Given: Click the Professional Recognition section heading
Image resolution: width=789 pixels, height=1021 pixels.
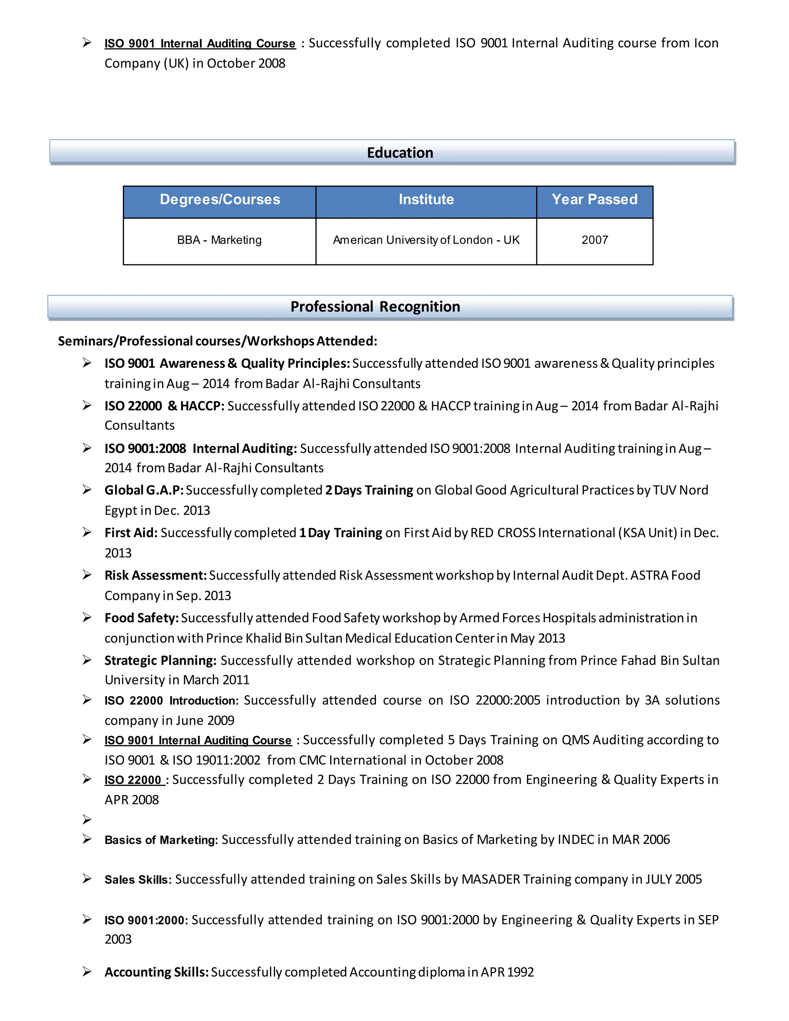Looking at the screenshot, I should [375, 307].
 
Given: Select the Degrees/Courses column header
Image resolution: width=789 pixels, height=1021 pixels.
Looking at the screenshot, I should [220, 200].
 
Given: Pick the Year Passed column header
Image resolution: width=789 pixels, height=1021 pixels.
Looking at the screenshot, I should [594, 200].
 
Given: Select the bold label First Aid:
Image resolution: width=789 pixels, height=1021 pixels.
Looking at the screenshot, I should [131, 532].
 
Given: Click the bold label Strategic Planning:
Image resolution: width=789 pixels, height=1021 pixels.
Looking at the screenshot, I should [160, 660].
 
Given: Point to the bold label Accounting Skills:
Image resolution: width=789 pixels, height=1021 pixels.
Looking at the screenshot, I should [156, 972].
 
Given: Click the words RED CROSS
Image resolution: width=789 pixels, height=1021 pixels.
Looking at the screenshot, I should [502, 532].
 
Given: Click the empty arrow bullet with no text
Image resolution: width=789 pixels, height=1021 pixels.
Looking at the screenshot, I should [87, 819].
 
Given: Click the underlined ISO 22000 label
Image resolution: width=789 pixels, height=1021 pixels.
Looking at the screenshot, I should [133, 780].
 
